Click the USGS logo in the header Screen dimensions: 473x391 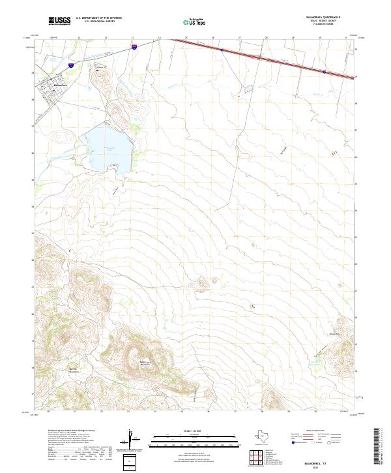(60, 21)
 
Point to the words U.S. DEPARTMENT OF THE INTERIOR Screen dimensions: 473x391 (99, 18)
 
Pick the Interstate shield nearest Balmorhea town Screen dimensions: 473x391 (70, 66)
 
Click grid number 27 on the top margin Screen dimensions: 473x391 (239, 38)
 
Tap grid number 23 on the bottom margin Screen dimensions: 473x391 (128, 412)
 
